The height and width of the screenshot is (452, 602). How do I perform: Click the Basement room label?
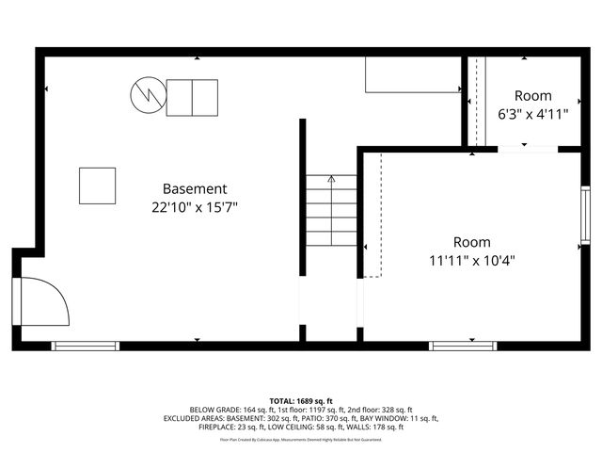195,188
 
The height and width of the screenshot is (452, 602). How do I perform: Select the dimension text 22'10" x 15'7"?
195,207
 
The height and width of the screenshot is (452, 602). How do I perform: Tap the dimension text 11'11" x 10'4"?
471,261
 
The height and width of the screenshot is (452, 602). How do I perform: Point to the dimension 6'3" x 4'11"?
532,115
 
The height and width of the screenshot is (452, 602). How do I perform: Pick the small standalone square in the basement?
97,186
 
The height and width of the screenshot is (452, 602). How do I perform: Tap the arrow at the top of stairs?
331,179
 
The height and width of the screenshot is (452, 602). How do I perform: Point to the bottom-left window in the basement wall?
86,346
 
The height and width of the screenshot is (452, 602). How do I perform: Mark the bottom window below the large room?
464,346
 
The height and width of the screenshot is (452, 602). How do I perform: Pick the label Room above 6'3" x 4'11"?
532,96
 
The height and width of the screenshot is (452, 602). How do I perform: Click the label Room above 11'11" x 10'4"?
471,242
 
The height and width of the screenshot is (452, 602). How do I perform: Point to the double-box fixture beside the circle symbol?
192,98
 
